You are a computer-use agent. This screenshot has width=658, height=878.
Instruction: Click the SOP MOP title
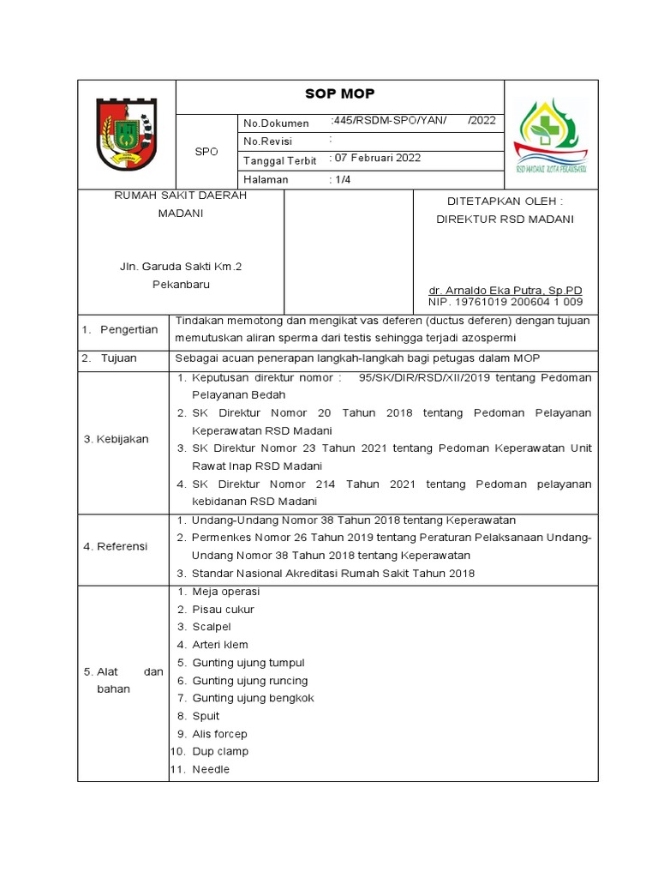tap(340, 94)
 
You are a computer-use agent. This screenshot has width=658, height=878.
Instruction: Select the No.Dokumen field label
tap(276, 123)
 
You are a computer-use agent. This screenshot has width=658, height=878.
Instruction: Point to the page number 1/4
tap(343, 180)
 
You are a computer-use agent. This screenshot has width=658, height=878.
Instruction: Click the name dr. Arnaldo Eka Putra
tap(505, 291)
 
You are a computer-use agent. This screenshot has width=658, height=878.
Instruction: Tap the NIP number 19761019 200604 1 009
tap(505, 302)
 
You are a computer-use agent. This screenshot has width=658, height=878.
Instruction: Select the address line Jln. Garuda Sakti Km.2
tap(181, 267)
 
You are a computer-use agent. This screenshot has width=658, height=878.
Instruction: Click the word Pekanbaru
tap(181, 285)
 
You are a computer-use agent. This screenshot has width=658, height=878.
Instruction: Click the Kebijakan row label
tap(116, 439)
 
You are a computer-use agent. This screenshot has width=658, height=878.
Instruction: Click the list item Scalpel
tap(211, 627)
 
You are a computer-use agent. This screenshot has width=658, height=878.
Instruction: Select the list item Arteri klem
tap(220, 645)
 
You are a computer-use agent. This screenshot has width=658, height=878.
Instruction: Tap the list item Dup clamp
tap(220, 751)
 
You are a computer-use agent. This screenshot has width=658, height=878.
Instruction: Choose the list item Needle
tap(211, 769)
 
